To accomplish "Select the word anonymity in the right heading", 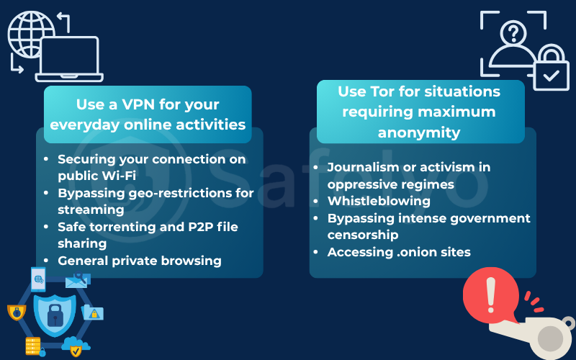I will coord(420,132).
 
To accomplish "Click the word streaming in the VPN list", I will coord(91,210).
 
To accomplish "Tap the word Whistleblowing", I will coord(379,201).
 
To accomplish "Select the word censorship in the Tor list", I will coord(362,235).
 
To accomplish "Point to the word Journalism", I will coord(362,167).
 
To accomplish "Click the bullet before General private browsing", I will coord(47,261).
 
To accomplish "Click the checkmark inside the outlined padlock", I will coord(551,74).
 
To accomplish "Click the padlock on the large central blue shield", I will coord(55,315).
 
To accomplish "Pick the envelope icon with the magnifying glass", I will coord(76,281).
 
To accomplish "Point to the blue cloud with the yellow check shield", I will coord(76,347).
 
